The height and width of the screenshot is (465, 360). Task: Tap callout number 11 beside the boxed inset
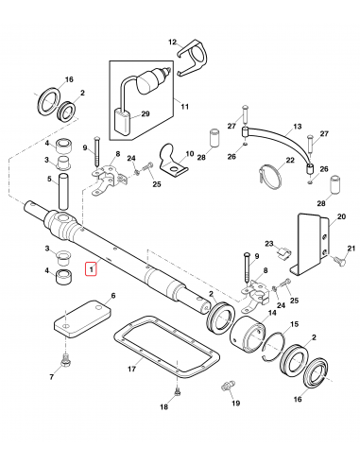point(184,107)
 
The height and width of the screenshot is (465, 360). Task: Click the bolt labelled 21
point(336,258)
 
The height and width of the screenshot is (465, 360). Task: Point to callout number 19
point(235,402)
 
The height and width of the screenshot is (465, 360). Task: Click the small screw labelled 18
point(177,389)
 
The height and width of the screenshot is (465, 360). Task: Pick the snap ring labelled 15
point(275,342)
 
